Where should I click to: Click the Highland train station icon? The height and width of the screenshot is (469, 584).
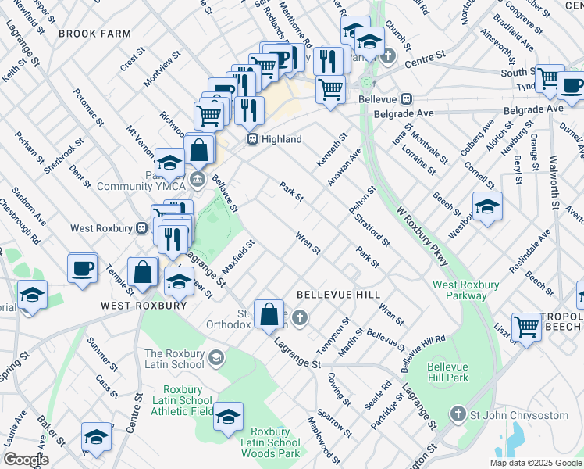pyautogui.click(x=253, y=139)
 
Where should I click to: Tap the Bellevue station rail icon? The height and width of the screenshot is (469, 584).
pyautogui.click(x=406, y=99)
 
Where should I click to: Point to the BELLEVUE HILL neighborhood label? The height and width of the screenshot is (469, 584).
pyautogui.click(x=338, y=295)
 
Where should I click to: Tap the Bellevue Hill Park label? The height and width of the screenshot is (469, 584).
pyautogui.click(x=450, y=373)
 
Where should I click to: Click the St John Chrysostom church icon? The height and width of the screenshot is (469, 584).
pyautogui.click(x=459, y=413)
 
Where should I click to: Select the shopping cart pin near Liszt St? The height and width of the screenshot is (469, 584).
pyautogui.click(x=527, y=328)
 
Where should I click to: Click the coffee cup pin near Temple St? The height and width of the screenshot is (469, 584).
pyautogui.click(x=83, y=268)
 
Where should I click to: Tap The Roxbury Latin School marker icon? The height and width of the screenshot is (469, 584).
pyautogui.click(x=216, y=359)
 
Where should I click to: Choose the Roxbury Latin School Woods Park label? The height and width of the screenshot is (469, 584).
pyautogui.click(x=275, y=442)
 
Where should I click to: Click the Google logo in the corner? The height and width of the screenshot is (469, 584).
pyautogui.click(x=25, y=460)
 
